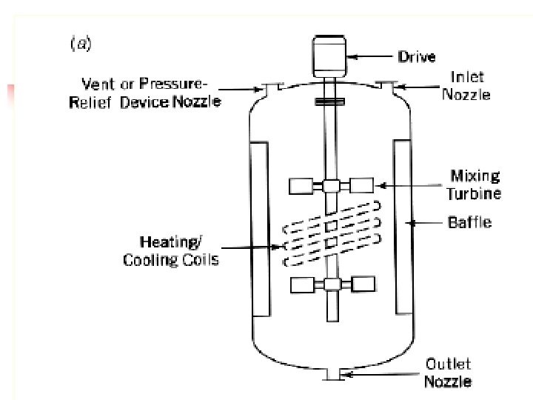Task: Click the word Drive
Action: click(x=416, y=56)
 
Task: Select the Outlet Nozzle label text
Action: click(x=448, y=373)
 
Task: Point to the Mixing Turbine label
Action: click(x=474, y=184)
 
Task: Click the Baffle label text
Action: click(x=469, y=221)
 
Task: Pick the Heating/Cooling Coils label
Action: click(x=171, y=250)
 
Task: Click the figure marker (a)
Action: click(x=80, y=44)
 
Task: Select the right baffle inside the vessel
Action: click(x=401, y=227)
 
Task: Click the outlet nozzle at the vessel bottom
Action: click(x=331, y=374)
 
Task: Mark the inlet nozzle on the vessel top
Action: click(x=384, y=86)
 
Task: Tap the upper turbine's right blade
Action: click(x=362, y=187)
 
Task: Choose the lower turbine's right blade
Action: click(x=361, y=285)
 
